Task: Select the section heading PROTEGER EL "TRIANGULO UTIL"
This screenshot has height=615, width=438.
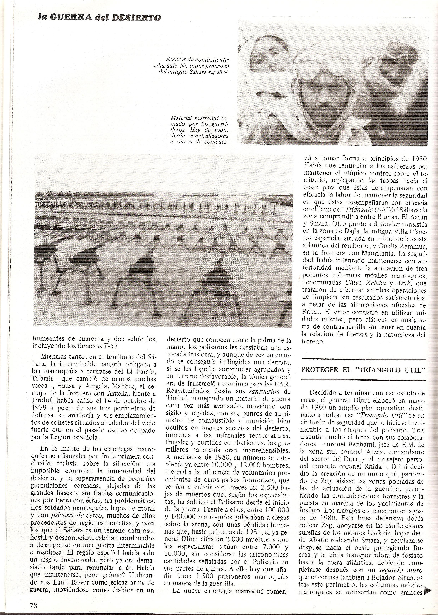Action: [363, 369]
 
